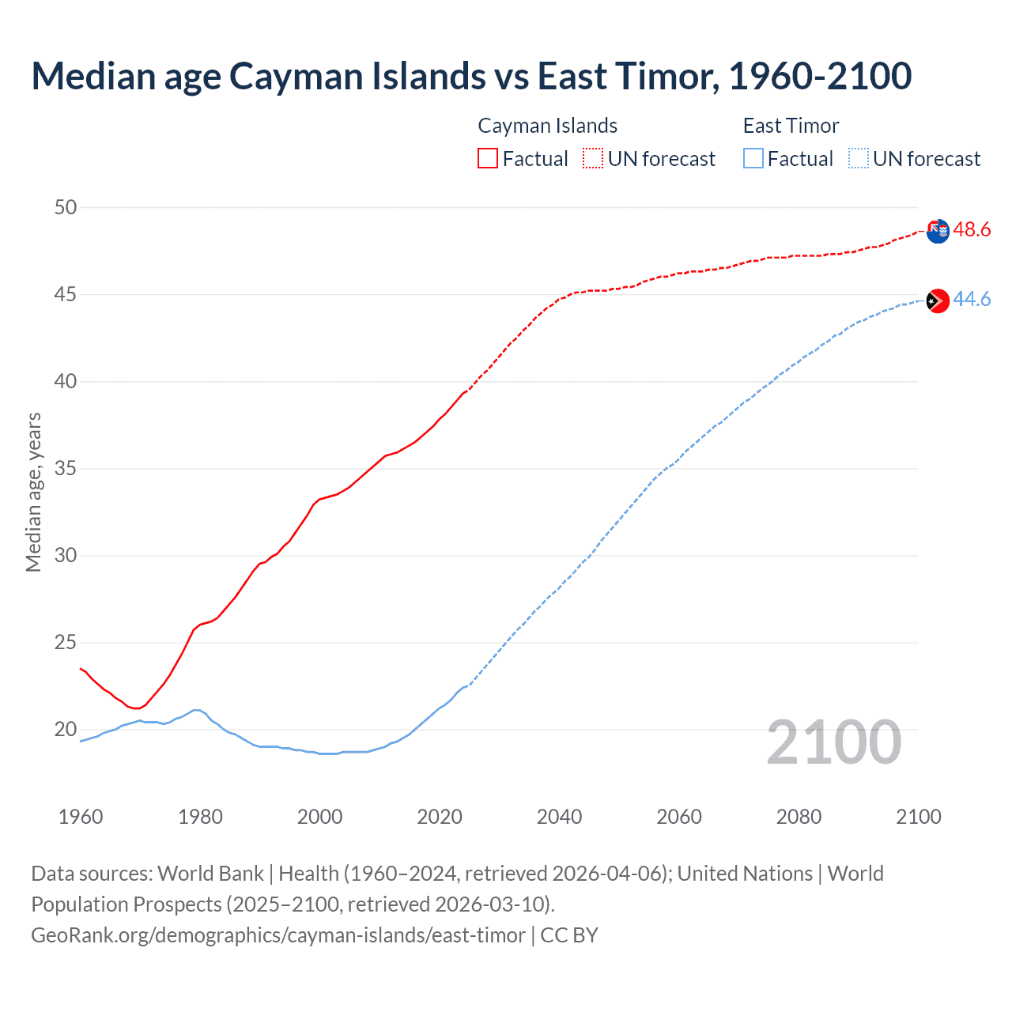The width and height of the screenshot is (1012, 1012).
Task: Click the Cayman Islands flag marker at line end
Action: [937, 231]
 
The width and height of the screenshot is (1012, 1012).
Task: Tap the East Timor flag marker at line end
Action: [937, 300]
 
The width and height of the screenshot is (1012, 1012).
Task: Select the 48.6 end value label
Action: [972, 230]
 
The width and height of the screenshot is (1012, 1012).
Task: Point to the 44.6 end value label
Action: [972, 300]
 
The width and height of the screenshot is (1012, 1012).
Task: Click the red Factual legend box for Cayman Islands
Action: [488, 159]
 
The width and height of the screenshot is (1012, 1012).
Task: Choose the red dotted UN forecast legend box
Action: [593, 159]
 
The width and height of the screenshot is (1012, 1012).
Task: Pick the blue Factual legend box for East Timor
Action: [753, 159]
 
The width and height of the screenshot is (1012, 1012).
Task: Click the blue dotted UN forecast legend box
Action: [858, 159]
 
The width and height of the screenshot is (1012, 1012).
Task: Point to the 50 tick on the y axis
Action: [66, 208]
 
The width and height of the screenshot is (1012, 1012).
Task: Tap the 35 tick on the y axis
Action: [66, 469]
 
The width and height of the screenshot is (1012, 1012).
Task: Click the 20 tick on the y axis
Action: [66, 730]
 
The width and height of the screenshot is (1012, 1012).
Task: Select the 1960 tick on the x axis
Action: [81, 817]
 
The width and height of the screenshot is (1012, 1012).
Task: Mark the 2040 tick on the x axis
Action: [559, 817]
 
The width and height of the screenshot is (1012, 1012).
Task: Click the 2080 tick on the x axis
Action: [799, 817]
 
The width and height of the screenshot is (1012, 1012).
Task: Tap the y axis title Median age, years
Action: [33, 492]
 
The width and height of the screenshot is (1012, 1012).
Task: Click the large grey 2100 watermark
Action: [833, 742]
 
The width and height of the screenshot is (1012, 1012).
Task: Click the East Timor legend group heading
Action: [791, 126]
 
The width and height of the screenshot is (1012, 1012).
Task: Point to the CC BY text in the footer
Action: [569, 935]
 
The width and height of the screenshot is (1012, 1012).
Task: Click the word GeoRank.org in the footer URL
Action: [88, 935]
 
